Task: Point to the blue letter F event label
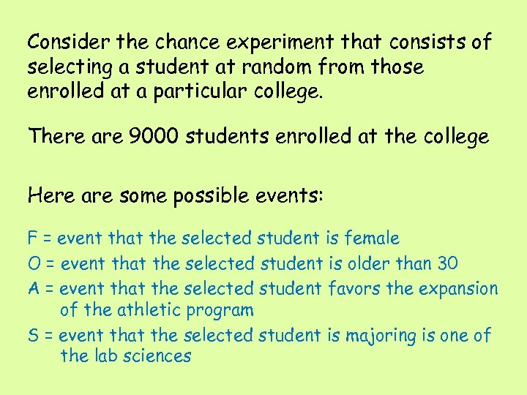pyautogui.click(x=32, y=238)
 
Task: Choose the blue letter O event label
pyautogui.click(x=33, y=263)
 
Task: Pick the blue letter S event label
pyautogui.click(x=32, y=336)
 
